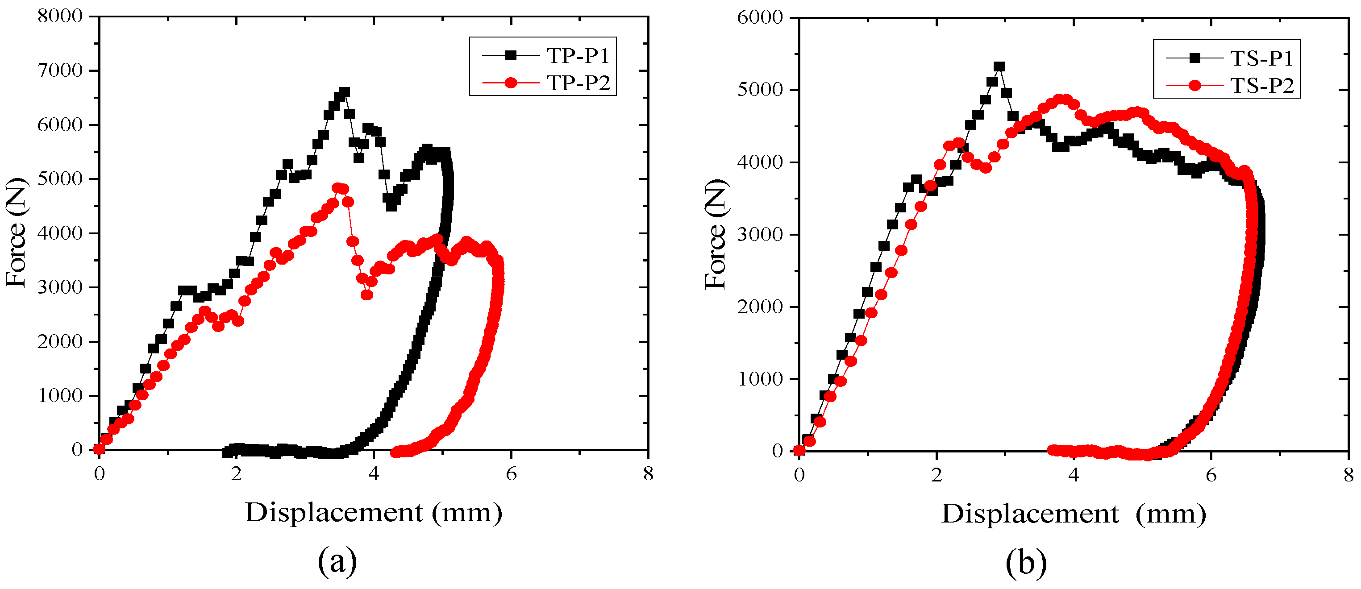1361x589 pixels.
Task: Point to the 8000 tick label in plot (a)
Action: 60,16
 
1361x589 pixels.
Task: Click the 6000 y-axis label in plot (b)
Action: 760,17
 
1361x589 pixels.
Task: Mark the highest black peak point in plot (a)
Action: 345,92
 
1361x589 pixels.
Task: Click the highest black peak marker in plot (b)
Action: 999,66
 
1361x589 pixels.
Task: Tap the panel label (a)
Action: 337,561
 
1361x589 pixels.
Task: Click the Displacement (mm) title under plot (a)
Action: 374,512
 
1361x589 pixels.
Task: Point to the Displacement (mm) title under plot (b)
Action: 1074,514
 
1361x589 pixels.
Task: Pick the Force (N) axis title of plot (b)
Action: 716,233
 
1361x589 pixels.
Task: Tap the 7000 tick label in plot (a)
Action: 60,70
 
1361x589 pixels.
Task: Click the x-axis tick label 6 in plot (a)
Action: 511,474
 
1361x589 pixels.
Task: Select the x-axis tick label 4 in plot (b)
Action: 1074,475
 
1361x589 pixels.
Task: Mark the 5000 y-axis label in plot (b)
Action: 760,90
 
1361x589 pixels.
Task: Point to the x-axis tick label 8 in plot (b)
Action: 1349,475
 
